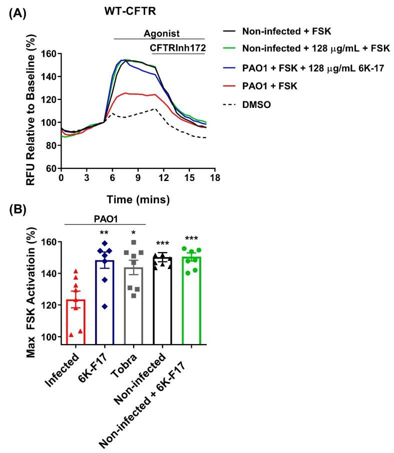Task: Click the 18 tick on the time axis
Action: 215,177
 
